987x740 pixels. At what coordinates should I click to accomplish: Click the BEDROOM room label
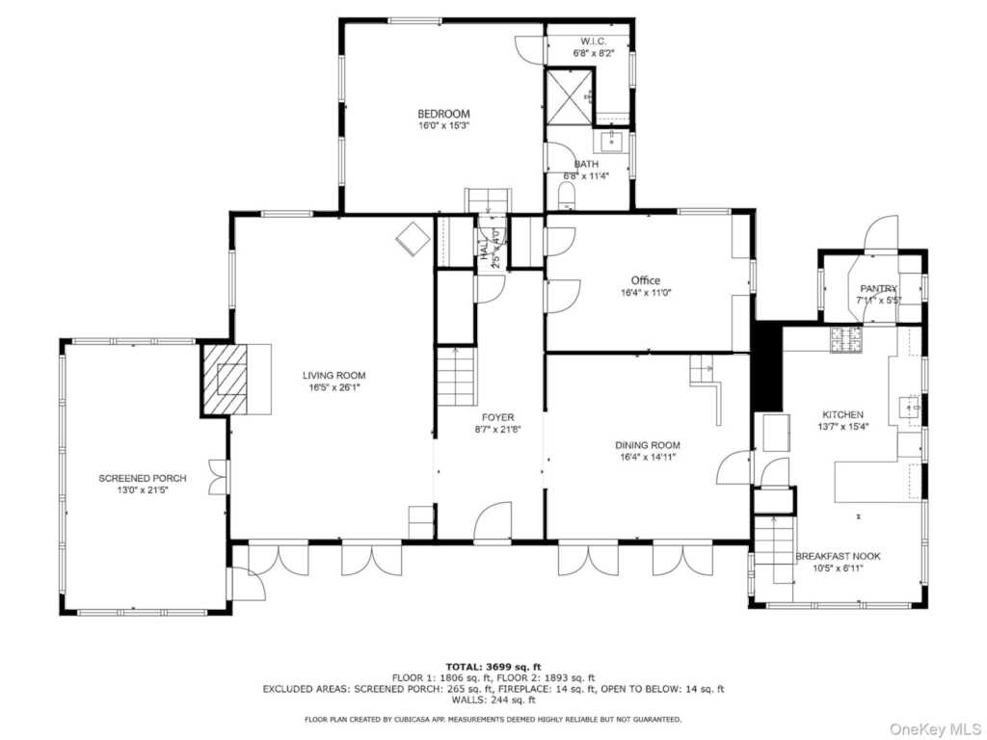coord(443,114)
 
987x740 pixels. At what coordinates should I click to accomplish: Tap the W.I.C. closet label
coord(593,41)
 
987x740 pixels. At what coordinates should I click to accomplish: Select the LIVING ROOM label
coord(333,376)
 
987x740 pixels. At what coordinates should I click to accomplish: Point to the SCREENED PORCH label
coord(143,478)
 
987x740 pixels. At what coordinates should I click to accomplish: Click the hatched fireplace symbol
coord(225,380)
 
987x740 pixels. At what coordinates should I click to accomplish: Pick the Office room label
coord(646,280)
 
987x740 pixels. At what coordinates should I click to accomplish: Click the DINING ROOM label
coord(648,445)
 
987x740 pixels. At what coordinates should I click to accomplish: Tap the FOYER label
coord(498,417)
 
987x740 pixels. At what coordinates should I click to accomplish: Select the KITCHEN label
coord(842,414)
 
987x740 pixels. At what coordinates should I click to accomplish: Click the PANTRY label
coord(879,289)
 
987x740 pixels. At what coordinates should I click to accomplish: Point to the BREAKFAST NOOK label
coord(838,556)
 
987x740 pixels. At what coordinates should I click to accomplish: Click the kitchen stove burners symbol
coord(846,340)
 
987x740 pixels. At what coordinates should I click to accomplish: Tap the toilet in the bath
coord(568,196)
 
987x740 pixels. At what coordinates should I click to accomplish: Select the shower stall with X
coord(569,97)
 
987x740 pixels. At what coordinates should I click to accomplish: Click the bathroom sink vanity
coord(610,142)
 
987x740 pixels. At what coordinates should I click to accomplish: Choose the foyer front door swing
coord(493,521)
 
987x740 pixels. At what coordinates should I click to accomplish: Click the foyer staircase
coord(455,377)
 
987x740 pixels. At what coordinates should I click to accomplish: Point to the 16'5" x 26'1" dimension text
coord(333,387)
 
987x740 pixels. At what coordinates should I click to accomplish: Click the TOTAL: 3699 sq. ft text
coord(493,667)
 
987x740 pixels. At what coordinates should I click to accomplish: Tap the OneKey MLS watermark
coord(935,728)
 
